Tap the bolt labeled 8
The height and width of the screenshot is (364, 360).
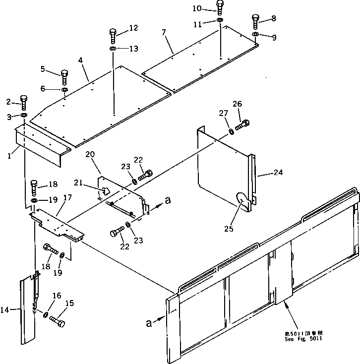click(x=256, y=21)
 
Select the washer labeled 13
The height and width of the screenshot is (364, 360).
click(x=113, y=49)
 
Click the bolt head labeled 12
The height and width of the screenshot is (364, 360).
click(x=113, y=34)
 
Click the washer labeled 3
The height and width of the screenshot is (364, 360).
click(x=24, y=116)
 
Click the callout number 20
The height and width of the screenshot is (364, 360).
click(x=90, y=155)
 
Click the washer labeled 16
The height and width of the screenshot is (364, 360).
click(x=46, y=315)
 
